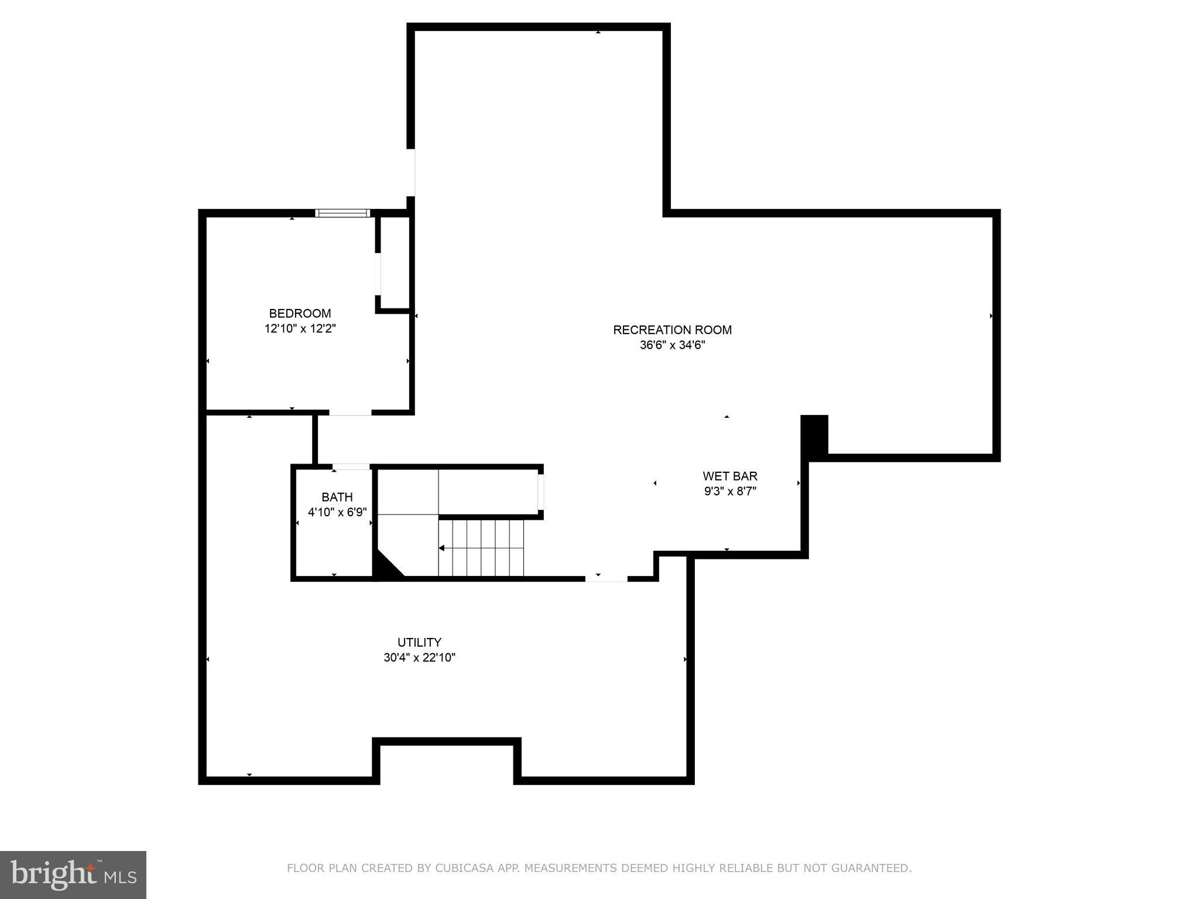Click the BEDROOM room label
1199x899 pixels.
coord(300,314)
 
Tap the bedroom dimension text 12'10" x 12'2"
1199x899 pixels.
coord(300,329)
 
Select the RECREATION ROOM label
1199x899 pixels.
coord(672,330)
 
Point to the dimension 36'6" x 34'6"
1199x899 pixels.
coord(672,345)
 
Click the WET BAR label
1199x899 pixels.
coord(730,476)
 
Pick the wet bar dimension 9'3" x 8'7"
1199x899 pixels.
coord(730,492)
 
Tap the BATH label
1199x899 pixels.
coord(337,497)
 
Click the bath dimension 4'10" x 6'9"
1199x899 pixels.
coord(337,513)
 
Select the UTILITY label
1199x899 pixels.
coord(419,643)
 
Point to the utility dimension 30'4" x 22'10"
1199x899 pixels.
coord(419,658)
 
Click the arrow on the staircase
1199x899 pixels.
coord(443,548)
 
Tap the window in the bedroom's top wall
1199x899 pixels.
coord(342,213)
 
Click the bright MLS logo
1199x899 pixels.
coord(73,874)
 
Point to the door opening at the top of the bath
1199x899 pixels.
coord(351,466)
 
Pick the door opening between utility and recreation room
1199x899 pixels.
coord(606,578)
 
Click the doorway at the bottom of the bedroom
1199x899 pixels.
coord(350,412)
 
